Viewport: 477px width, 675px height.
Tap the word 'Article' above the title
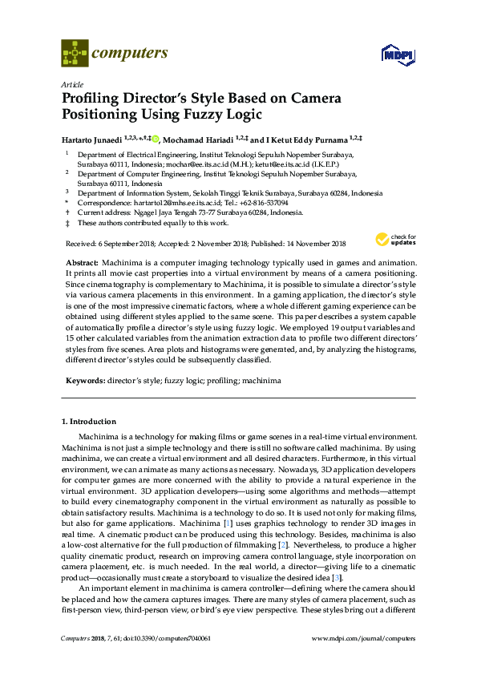coord(71,83)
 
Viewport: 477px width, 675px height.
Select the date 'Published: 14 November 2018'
coord(300,244)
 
